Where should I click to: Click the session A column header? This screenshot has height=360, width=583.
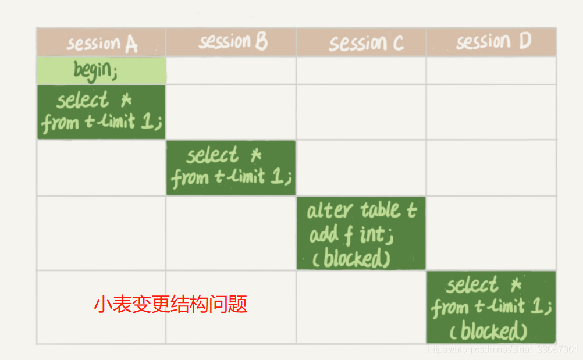tap(101, 42)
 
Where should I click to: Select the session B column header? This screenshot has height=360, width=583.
tap(231, 42)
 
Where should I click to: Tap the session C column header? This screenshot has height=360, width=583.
tap(361, 42)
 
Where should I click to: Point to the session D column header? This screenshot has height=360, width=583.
tap(491, 42)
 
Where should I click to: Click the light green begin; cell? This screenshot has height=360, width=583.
tap(101, 70)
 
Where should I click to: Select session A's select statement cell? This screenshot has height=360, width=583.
tap(101, 112)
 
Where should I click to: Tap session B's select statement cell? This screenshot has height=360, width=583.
tap(231, 167)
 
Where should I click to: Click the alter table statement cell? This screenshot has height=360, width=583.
tap(361, 233)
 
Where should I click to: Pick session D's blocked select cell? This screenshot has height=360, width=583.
tap(491, 307)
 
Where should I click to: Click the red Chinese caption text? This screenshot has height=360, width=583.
tap(170, 304)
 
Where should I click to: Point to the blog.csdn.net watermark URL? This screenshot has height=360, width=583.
tap(503, 349)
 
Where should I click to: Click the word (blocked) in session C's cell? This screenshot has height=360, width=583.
tap(351, 258)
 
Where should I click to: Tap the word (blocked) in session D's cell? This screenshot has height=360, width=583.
tap(488, 331)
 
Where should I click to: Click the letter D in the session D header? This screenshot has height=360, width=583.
tap(525, 41)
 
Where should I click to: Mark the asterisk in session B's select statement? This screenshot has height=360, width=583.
tap(256, 155)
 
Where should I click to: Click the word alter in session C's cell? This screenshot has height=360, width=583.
tap(329, 211)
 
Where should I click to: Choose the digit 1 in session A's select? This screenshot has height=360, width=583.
tap(148, 121)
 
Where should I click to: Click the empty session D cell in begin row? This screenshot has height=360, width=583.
tap(491, 70)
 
